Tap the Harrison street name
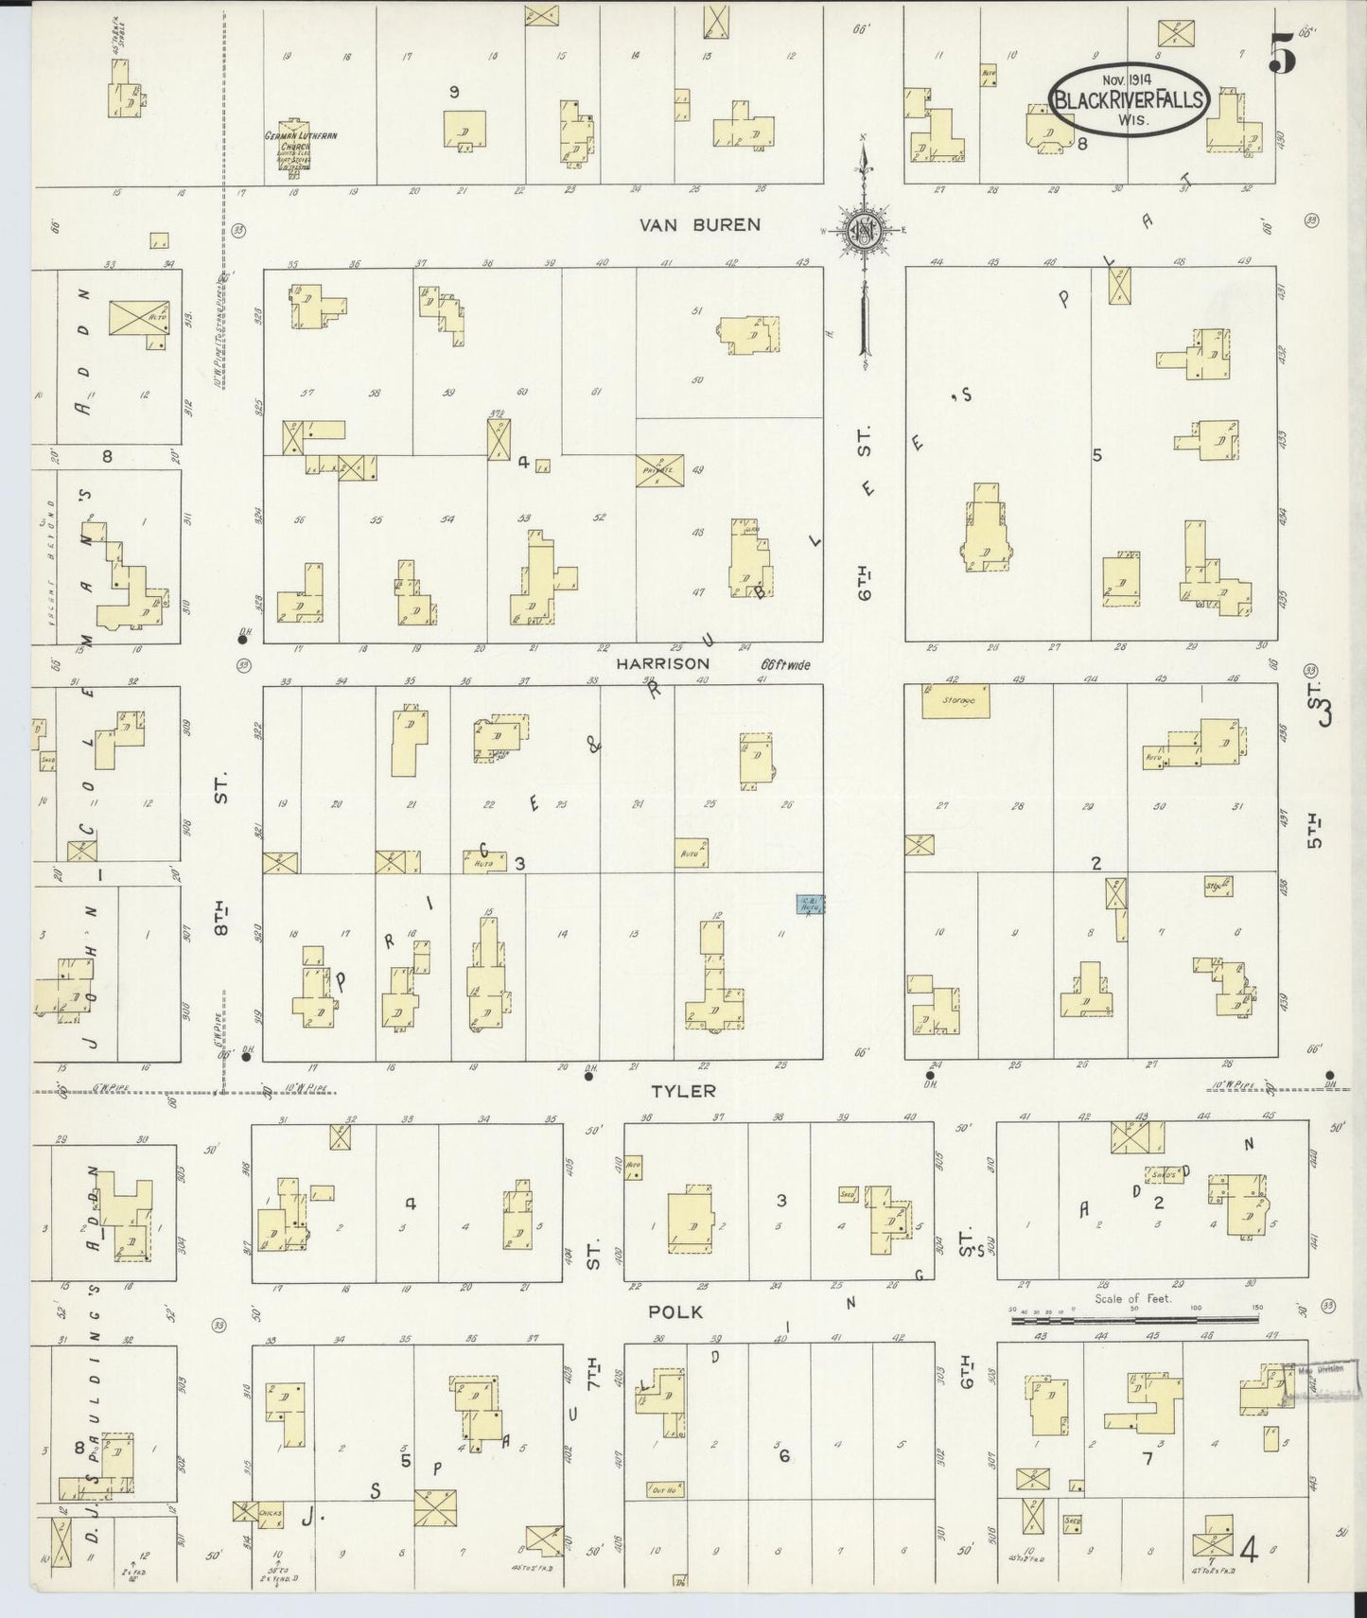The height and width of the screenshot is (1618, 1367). pos(662,664)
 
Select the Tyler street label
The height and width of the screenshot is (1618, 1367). pos(683,1091)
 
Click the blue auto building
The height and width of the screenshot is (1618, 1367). pos(809,905)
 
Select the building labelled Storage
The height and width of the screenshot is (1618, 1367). pos(958,700)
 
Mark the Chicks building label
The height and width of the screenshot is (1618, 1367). pos(272,1514)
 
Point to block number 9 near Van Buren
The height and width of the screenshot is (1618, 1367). pos(454,92)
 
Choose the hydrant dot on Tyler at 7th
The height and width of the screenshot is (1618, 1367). pos(588,1076)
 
